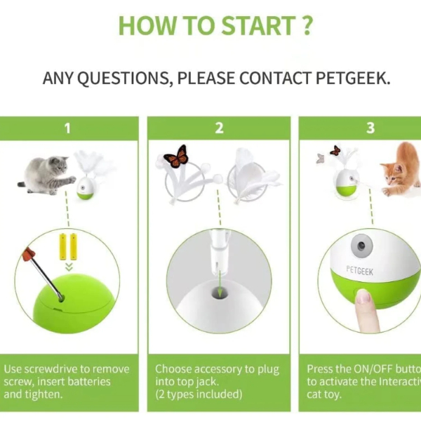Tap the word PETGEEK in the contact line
[349, 78]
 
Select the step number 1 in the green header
[67, 128]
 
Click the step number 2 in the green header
[219, 128]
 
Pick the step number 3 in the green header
[370, 128]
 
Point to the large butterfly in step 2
[176, 156]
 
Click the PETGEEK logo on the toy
[360, 269]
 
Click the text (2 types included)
[199, 394]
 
